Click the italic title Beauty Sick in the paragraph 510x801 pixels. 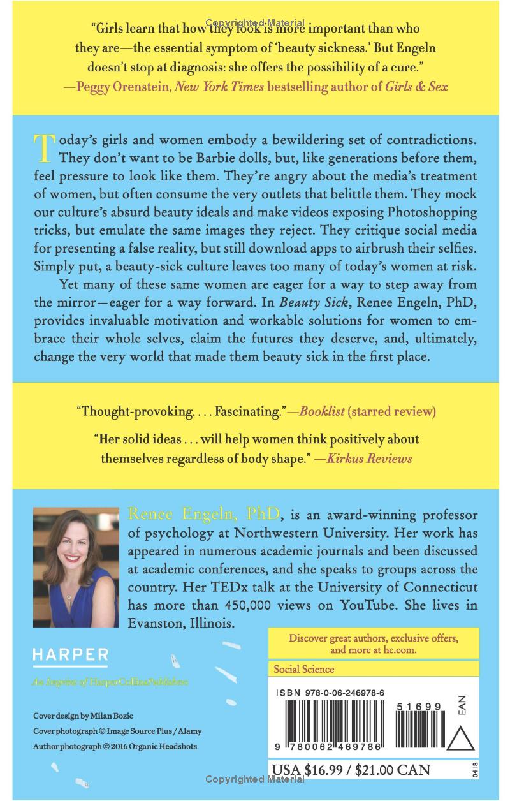click(x=352, y=302)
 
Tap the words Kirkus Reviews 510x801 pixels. click(x=369, y=458)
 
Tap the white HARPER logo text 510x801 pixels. click(x=70, y=654)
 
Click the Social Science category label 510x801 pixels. click(x=303, y=669)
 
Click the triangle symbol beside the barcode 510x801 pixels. click(x=462, y=740)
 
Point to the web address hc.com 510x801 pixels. click(x=400, y=650)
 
